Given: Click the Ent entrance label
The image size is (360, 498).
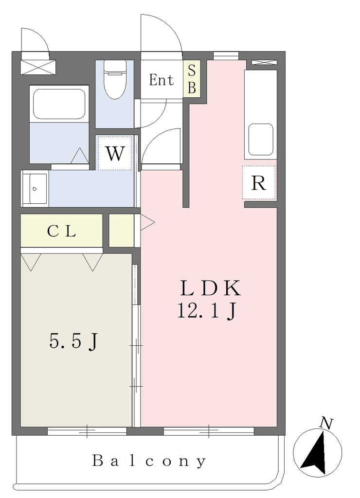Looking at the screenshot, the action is (x=162, y=80).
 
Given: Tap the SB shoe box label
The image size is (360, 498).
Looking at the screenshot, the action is (x=192, y=79).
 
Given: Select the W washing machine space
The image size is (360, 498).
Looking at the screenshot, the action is (x=114, y=153).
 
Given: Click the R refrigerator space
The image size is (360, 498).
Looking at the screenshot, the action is (x=259, y=183).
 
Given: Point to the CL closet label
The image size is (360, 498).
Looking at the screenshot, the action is (x=62, y=231).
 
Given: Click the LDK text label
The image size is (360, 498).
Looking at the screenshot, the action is (x=211, y=288).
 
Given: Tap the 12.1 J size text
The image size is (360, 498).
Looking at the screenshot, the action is (x=207, y=311).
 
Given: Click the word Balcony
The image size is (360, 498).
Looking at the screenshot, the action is (x=149, y=461).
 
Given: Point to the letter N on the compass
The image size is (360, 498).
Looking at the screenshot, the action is (x=326, y=424).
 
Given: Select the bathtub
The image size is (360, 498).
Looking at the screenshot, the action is (x=59, y=104).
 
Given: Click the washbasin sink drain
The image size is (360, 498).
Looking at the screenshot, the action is (x=35, y=189).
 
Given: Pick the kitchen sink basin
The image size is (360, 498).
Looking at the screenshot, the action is (x=261, y=140).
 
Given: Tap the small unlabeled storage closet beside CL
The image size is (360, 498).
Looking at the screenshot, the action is (x=121, y=231).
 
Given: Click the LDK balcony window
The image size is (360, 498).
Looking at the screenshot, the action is (x=209, y=431).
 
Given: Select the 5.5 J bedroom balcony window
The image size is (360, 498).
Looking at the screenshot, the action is (x=87, y=431).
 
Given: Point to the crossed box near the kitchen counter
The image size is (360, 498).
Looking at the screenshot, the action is (x=264, y=62).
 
